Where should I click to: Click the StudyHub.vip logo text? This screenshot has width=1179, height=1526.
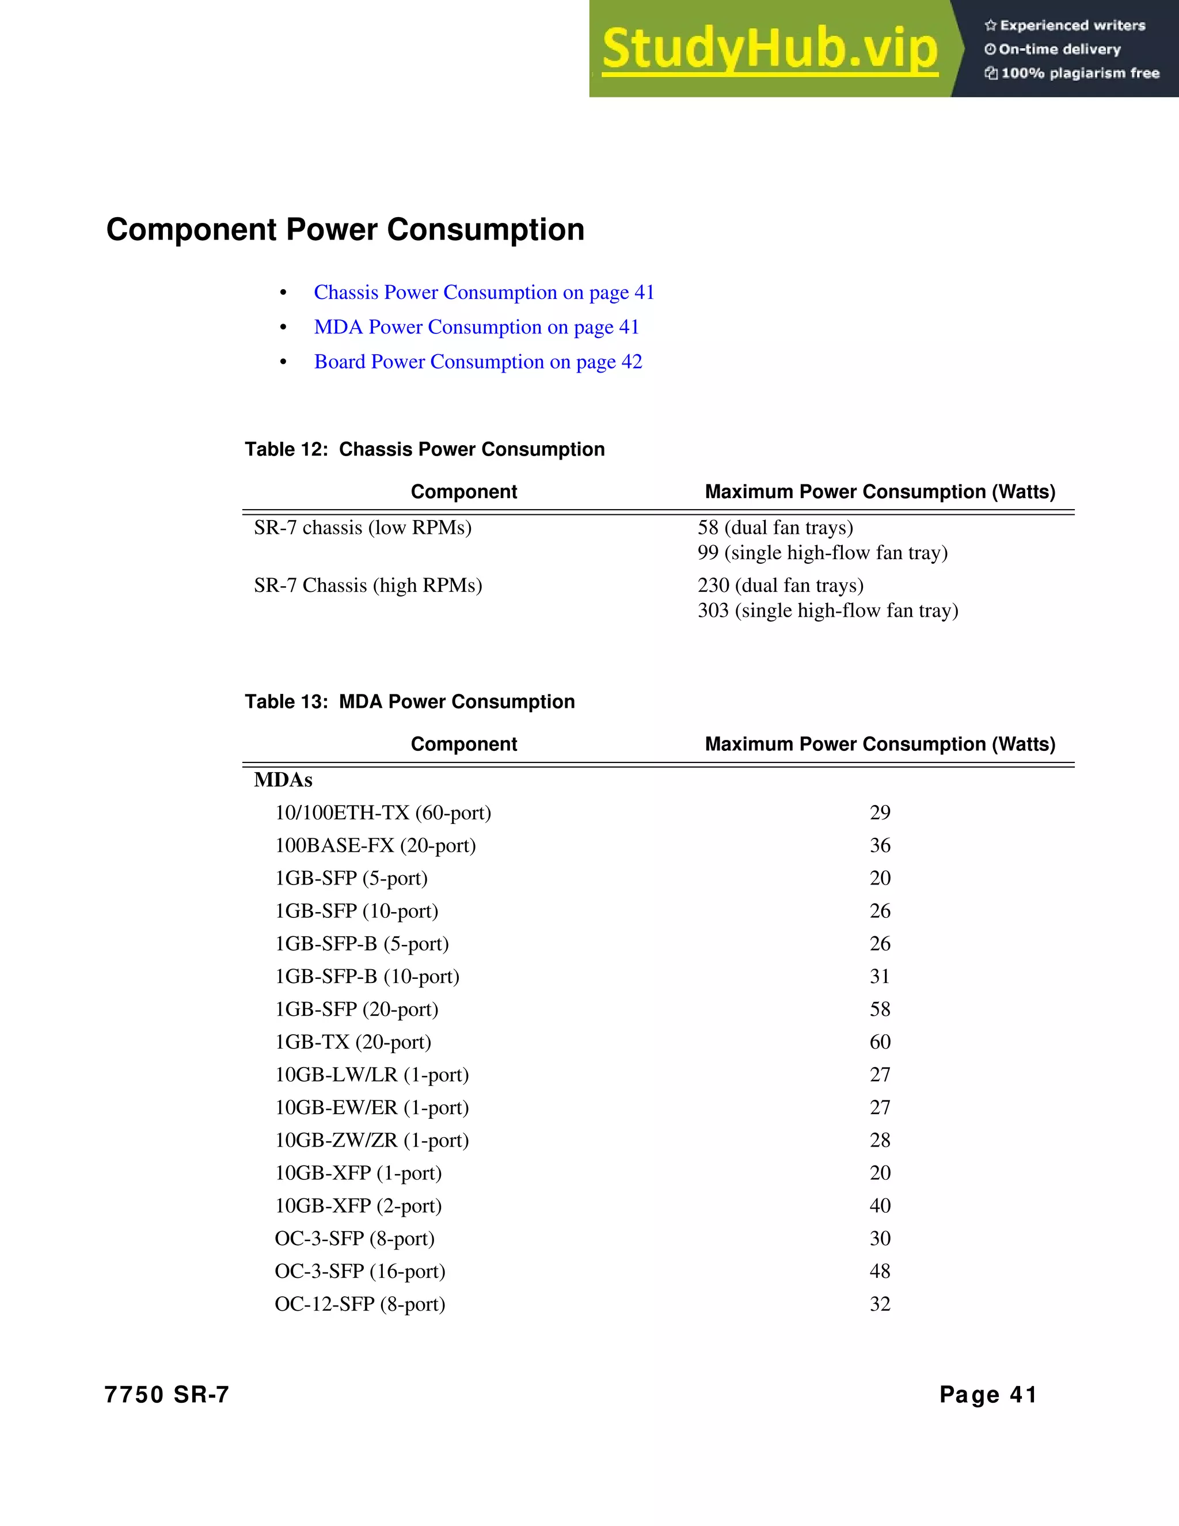click(769, 49)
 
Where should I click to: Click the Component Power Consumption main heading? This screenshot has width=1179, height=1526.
click(345, 230)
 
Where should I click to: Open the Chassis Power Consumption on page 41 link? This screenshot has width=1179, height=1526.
click(484, 292)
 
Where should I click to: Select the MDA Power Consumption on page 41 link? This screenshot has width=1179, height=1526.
click(476, 327)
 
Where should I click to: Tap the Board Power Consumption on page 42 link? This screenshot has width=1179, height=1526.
click(478, 362)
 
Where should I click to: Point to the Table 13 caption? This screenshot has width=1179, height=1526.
click(409, 701)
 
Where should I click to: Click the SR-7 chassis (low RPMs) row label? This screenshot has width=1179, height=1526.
click(363, 527)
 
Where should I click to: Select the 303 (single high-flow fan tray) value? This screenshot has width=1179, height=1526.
click(828, 610)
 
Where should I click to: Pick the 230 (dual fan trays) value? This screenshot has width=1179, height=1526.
click(780, 586)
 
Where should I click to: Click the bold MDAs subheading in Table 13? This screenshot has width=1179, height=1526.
click(283, 780)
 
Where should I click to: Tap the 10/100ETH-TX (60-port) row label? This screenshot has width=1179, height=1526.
click(383, 813)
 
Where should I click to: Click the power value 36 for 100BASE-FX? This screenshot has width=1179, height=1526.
click(880, 845)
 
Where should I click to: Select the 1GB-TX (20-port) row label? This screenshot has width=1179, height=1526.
click(353, 1042)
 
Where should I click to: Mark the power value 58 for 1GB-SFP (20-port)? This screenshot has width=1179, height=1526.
click(880, 1009)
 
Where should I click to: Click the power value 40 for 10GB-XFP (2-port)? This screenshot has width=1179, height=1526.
click(880, 1205)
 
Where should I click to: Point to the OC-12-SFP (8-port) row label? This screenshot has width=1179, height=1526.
click(360, 1304)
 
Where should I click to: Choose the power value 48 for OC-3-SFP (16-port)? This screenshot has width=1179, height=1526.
click(880, 1271)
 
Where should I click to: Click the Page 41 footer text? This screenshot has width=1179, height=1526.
click(988, 1395)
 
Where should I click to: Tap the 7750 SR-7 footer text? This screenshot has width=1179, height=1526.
click(166, 1395)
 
